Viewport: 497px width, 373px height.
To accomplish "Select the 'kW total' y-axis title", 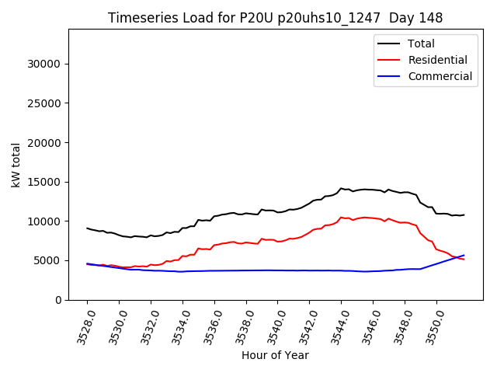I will pos(16,165).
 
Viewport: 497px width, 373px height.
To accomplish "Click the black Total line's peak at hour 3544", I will pos(341,188).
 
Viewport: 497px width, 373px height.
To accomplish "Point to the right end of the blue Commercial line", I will pos(464,255).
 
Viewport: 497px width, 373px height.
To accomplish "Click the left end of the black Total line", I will pos(87,228).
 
